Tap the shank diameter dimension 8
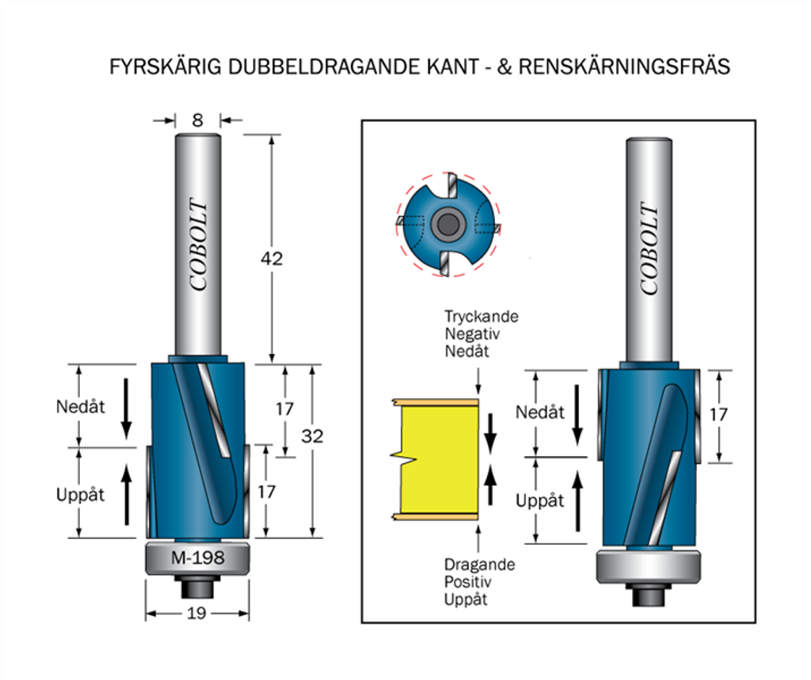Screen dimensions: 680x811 [197, 120]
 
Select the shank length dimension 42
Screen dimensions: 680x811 [272, 259]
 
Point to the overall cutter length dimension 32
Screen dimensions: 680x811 [312, 436]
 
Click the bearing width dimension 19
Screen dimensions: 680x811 [197, 614]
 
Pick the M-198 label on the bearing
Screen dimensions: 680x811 [198, 558]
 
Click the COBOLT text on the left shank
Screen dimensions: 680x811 [198, 245]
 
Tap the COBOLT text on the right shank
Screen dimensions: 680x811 [649, 249]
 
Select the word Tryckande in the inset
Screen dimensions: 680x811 [481, 317]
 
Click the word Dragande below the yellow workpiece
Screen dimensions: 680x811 [479, 565]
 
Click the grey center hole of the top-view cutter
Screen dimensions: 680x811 [447, 225]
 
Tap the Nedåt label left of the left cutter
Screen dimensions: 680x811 [80, 407]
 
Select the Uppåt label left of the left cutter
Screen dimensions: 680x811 [80, 495]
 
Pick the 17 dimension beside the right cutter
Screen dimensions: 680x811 [718, 414]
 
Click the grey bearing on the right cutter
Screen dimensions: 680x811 [648, 567]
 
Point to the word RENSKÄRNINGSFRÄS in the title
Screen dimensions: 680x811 [624, 66]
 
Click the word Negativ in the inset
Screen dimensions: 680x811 [473, 334]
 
